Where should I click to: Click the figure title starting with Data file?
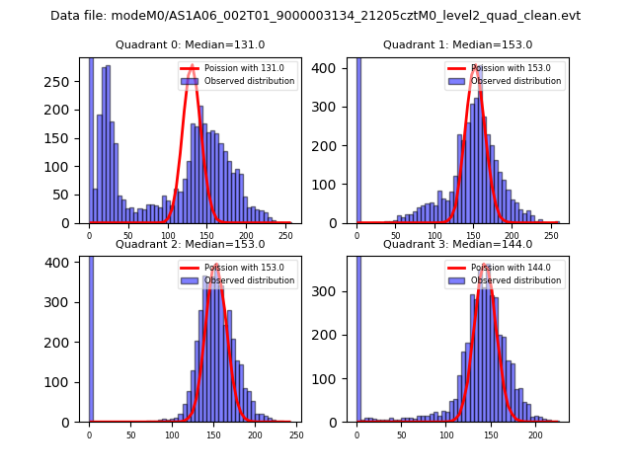coord(315,16)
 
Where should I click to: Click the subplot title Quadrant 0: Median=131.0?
coord(190,44)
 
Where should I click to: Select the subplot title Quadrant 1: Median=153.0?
coord(457,44)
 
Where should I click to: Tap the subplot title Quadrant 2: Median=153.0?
coord(190,244)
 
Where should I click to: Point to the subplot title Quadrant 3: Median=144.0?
coord(457,244)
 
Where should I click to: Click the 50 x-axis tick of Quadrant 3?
coord(402,434)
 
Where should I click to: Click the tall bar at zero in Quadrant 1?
coord(357,139)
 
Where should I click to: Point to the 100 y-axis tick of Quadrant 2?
coord(65,382)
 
